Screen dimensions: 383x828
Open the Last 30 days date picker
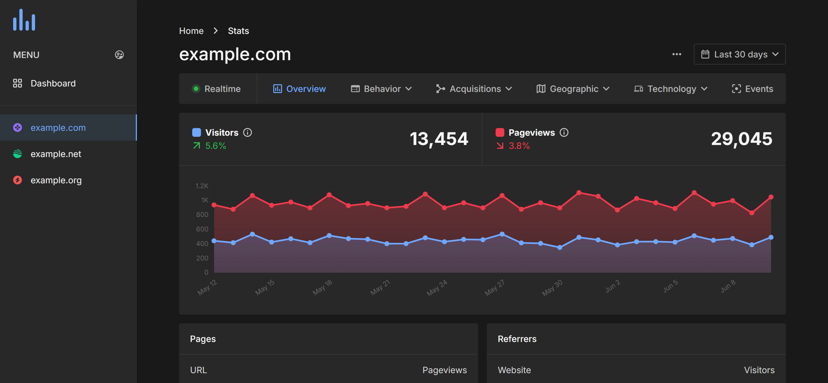tap(739, 54)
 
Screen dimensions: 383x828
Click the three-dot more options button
tap(677, 54)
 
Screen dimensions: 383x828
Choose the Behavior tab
tap(381, 89)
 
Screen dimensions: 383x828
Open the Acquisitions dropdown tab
tap(474, 89)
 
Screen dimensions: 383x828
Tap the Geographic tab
tap(573, 89)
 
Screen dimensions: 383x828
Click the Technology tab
tap(671, 89)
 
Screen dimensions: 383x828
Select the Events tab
tap(752, 89)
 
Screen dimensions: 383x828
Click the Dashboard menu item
tap(53, 83)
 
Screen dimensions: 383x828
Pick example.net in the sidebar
tap(56, 154)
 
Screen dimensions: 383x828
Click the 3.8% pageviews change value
tap(519, 146)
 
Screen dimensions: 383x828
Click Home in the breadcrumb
tap(191, 31)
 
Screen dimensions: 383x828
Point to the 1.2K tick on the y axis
tap(202, 186)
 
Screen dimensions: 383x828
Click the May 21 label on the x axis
tap(380, 287)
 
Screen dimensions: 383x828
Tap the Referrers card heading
tap(517, 339)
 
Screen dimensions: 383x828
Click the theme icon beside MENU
tap(119, 55)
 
